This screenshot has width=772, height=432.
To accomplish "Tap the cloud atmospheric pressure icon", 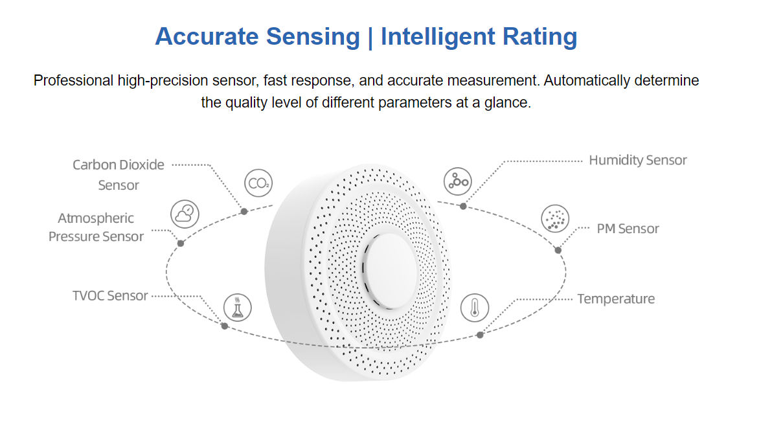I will (x=185, y=214).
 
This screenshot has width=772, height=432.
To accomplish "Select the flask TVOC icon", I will (x=237, y=307).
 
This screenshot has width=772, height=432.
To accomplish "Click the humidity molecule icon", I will (x=458, y=181).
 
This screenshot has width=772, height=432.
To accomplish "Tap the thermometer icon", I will (x=475, y=307).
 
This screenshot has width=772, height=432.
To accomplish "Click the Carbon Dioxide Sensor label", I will (x=119, y=175).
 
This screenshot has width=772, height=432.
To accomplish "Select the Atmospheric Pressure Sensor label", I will (x=96, y=227).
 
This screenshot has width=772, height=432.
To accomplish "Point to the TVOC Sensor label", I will (x=110, y=296).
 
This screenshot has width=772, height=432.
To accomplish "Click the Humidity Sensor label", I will (x=637, y=160).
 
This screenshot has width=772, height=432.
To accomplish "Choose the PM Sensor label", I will (x=628, y=229).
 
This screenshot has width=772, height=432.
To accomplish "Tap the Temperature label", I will (x=615, y=299).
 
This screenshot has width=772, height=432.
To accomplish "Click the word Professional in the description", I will (x=74, y=81).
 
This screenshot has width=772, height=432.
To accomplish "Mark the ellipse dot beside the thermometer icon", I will (x=480, y=335).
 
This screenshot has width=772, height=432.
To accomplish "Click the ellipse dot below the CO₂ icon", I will (x=244, y=211).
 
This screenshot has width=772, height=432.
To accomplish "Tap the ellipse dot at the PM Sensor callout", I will (x=558, y=250).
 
